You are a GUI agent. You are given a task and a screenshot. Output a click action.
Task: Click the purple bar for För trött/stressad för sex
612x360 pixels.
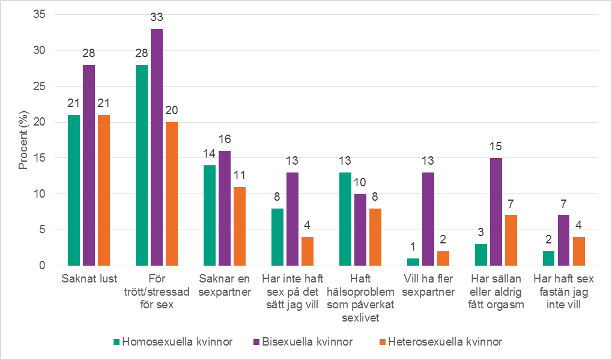(x=156, y=147)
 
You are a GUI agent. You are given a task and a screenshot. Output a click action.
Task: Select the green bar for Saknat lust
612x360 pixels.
(x=74, y=190)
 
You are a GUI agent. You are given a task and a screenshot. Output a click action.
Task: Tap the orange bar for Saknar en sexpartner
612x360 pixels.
(x=238, y=226)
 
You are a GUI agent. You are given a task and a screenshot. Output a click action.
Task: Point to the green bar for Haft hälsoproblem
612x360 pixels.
(x=345, y=219)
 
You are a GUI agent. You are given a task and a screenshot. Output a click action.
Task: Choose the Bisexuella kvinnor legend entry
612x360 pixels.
(x=307, y=342)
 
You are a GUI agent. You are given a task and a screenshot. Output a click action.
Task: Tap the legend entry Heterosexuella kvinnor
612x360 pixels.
(x=444, y=342)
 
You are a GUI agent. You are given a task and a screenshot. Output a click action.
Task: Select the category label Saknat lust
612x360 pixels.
(x=89, y=279)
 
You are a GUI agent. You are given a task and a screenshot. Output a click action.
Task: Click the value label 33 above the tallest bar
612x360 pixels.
(x=156, y=18)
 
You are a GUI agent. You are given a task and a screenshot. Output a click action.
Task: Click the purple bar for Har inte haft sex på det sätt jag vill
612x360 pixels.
(x=292, y=219)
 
